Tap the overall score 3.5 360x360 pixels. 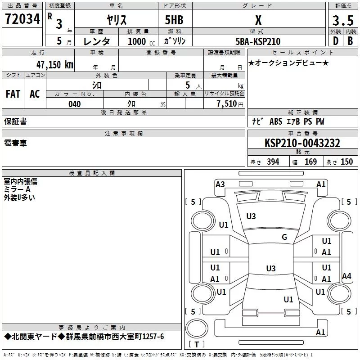pyautogui.click(x=342, y=21)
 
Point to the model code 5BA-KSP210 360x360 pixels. pyautogui.click(x=258, y=41)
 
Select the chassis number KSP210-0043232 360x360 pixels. pyautogui.click(x=302, y=143)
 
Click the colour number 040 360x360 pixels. pyautogui.click(x=74, y=104)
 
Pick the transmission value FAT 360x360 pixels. pyautogui.click(x=13, y=94)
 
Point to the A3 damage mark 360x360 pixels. pyautogui.click(x=220, y=184)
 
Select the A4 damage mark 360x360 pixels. pyautogui.click(x=346, y=276)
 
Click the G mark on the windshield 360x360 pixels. pyautogui.click(x=284, y=237)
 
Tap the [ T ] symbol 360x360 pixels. pyautogui.click(x=196, y=344)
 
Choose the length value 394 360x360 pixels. pyautogui.click(x=273, y=162)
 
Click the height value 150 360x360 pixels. pyautogui.click(x=347, y=162)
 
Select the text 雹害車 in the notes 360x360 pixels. pyautogui.click(x=15, y=143)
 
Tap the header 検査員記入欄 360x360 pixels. pyautogui.click(x=91, y=173)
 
